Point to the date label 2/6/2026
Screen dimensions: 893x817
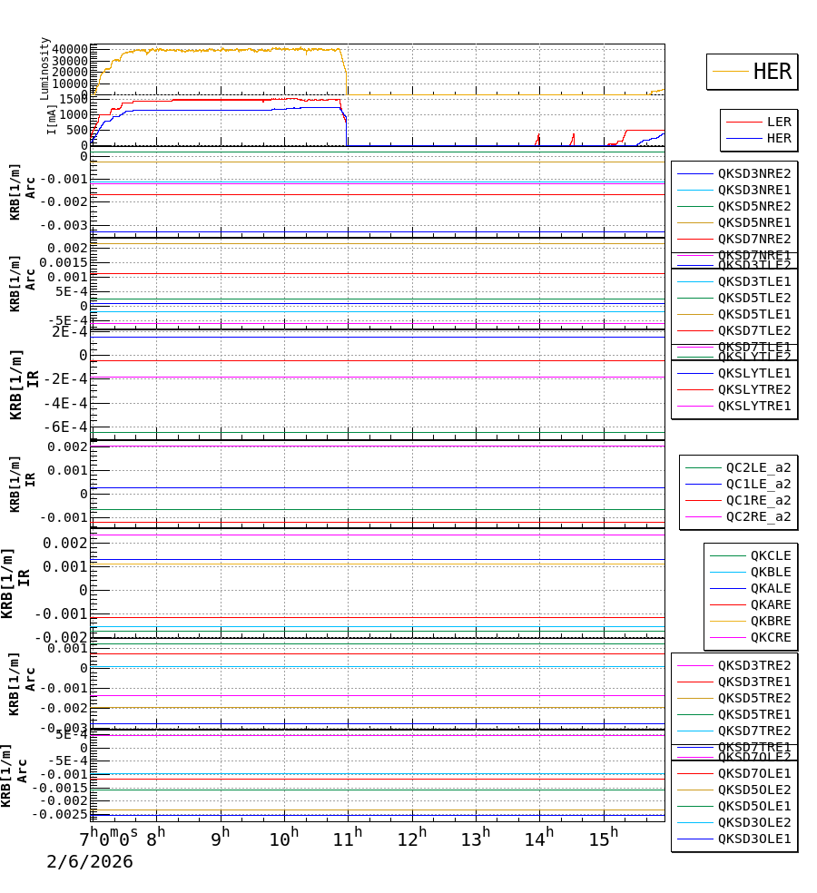[x=90, y=861]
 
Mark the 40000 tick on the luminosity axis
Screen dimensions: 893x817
[x=70, y=49]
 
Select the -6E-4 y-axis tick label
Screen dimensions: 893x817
[x=70, y=427]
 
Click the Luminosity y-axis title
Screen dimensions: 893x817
[x=44, y=68]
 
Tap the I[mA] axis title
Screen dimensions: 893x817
[x=52, y=118]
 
